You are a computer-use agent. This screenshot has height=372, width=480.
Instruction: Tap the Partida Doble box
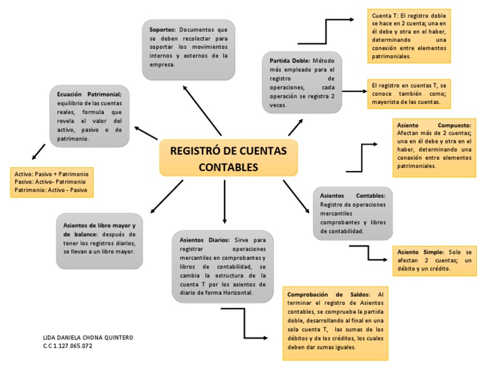coord(301,83)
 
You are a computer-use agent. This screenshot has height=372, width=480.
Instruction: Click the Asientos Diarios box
coord(222,266)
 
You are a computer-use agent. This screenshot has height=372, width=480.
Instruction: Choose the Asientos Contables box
coord(352,213)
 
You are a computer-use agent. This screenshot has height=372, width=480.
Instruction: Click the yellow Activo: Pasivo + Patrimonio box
coord(52,182)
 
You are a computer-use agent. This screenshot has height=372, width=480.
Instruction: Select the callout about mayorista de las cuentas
coord(409,93)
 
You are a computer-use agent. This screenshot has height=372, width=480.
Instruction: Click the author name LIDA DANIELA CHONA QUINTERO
coord(87,338)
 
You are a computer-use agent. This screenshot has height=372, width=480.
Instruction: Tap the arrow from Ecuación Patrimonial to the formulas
coord(38,151)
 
